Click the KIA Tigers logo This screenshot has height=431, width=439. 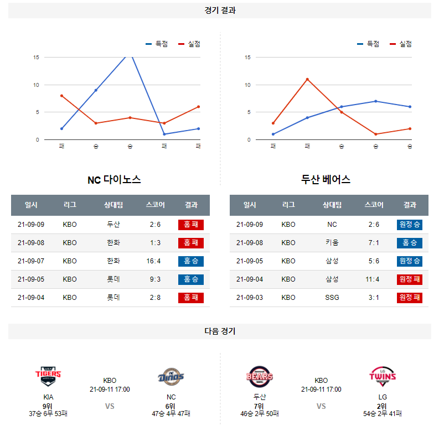[48, 376]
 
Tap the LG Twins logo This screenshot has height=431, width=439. [383, 376]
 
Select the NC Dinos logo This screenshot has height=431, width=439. [171, 377]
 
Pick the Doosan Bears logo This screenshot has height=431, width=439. [260, 376]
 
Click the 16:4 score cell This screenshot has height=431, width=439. [153, 261]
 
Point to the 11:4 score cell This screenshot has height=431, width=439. [373, 279]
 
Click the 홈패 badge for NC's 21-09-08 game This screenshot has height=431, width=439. [191, 243]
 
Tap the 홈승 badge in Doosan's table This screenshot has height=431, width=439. [410, 243]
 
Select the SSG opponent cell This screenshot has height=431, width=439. [332, 298]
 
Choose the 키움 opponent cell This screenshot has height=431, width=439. [332, 243]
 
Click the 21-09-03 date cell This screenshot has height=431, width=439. [250, 298]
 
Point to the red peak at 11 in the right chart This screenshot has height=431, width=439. [307, 80]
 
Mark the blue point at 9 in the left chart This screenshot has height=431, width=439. [96, 90]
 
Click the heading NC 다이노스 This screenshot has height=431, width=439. [114, 180]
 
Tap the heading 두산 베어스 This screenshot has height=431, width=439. [326, 179]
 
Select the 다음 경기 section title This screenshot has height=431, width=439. [220, 331]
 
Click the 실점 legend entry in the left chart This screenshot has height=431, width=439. [189, 44]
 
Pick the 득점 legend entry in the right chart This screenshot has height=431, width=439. [368, 44]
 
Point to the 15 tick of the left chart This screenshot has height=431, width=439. [36, 58]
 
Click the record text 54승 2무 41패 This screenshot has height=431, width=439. [383, 414]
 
